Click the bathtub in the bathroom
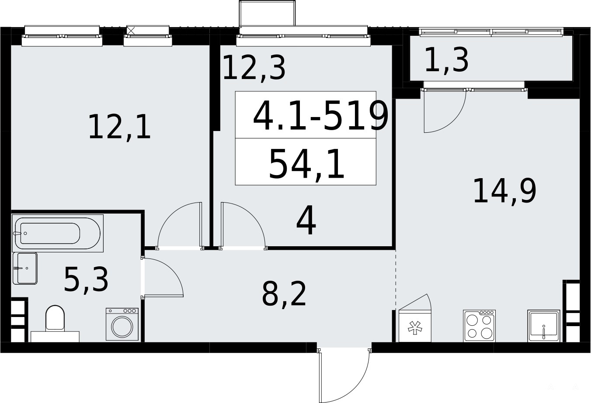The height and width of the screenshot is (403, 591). click(58, 233)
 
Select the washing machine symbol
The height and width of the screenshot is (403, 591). click(122, 324)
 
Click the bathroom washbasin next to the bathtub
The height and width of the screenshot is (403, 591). click(25, 269)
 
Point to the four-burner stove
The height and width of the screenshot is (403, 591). click(479, 326)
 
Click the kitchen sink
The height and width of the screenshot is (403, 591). click(544, 326)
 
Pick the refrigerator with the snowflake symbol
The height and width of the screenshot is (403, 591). click(415, 326)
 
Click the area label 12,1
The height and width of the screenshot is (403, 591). click(119, 127)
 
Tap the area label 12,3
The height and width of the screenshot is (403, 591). click(254, 68)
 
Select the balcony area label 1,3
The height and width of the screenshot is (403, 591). click(446, 61)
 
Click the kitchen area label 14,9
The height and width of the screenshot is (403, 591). click(505, 190)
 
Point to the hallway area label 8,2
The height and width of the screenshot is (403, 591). click(284, 293)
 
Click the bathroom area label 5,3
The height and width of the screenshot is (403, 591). click(86, 279)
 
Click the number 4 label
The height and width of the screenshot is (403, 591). click(306, 220)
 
